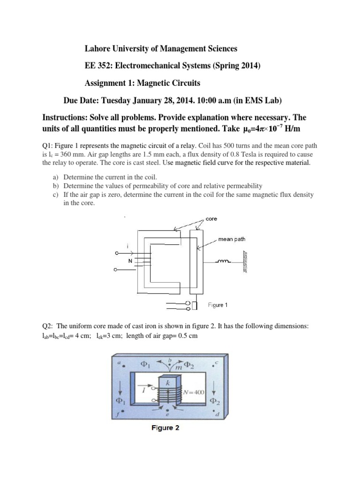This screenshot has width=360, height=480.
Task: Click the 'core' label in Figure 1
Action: pos(211,219)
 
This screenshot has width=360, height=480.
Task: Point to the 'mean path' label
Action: pos(232,239)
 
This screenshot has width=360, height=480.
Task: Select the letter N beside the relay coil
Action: pos(130,259)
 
